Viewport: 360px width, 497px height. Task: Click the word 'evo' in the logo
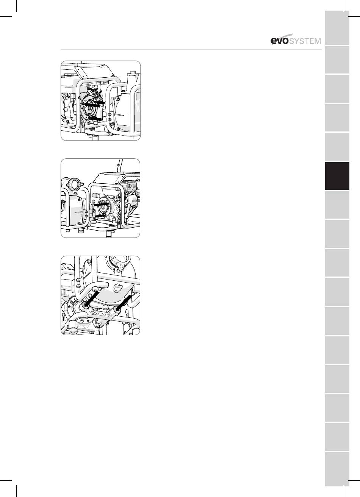tap(279, 41)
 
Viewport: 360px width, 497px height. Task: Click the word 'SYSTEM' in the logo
tap(305, 41)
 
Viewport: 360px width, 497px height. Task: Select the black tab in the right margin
tap(337, 176)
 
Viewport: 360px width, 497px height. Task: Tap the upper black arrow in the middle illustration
tap(102, 204)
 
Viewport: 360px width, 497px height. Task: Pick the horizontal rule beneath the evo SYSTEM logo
tap(191, 50)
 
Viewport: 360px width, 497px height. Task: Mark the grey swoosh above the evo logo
tap(285, 36)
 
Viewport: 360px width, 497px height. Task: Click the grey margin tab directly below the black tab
tap(337, 205)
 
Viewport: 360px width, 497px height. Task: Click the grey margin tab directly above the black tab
tap(337, 147)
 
